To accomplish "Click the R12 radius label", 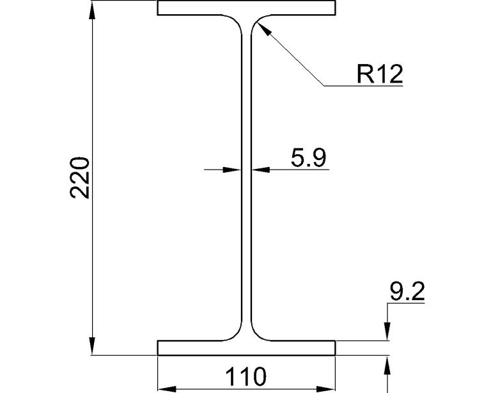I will (380, 74).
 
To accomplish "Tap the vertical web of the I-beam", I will (246, 192).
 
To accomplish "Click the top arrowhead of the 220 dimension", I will (93, 8).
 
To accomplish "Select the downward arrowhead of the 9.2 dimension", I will (387, 333).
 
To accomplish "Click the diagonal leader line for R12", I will (291, 54).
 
